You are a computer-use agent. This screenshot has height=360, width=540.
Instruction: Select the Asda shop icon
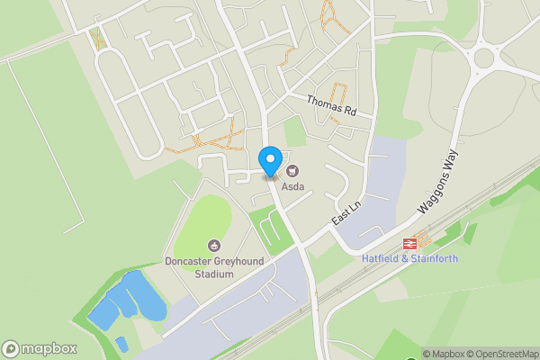(x=292, y=171)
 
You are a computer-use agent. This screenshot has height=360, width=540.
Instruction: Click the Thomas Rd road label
(x=331, y=108)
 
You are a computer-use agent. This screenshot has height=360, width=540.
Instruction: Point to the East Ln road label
(x=346, y=212)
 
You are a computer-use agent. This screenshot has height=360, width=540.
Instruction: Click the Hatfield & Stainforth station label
(x=409, y=259)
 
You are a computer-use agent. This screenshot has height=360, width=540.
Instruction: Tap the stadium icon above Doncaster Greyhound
(x=214, y=246)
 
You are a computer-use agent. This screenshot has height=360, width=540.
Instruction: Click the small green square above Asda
(x=294, y=132)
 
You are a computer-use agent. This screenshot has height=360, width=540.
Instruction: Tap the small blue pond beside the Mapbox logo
(x=121, y=343)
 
